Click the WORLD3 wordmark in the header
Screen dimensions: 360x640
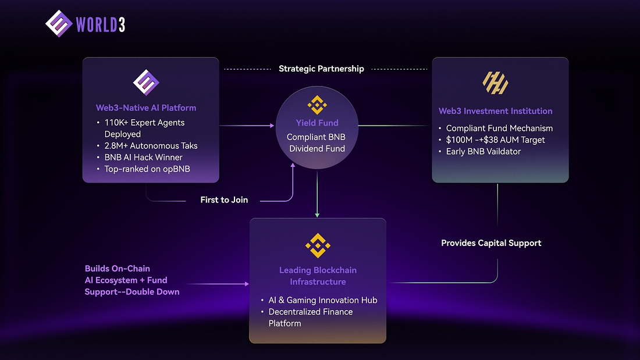100,24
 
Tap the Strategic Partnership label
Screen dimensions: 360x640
321,69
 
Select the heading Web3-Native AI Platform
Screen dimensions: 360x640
146,108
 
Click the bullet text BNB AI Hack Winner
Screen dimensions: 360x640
144,157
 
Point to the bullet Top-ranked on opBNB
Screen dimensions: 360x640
148,169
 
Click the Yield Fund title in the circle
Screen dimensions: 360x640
317,123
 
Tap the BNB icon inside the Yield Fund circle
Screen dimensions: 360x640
317,105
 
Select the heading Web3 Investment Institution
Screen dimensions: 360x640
495,111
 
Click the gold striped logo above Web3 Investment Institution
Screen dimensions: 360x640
496,84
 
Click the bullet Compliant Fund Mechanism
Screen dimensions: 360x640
499,128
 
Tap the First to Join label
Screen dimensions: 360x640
224,200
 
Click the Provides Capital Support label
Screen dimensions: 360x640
491,243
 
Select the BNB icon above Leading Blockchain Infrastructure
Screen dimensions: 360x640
318,245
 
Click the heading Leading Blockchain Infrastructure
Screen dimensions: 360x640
318,276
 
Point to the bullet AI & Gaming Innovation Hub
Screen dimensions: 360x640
322,300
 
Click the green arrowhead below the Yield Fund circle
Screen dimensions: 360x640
317,215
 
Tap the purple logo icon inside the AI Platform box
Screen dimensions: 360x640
146,83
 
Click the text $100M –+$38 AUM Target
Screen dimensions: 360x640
495,140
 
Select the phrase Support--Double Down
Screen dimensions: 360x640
132,291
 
